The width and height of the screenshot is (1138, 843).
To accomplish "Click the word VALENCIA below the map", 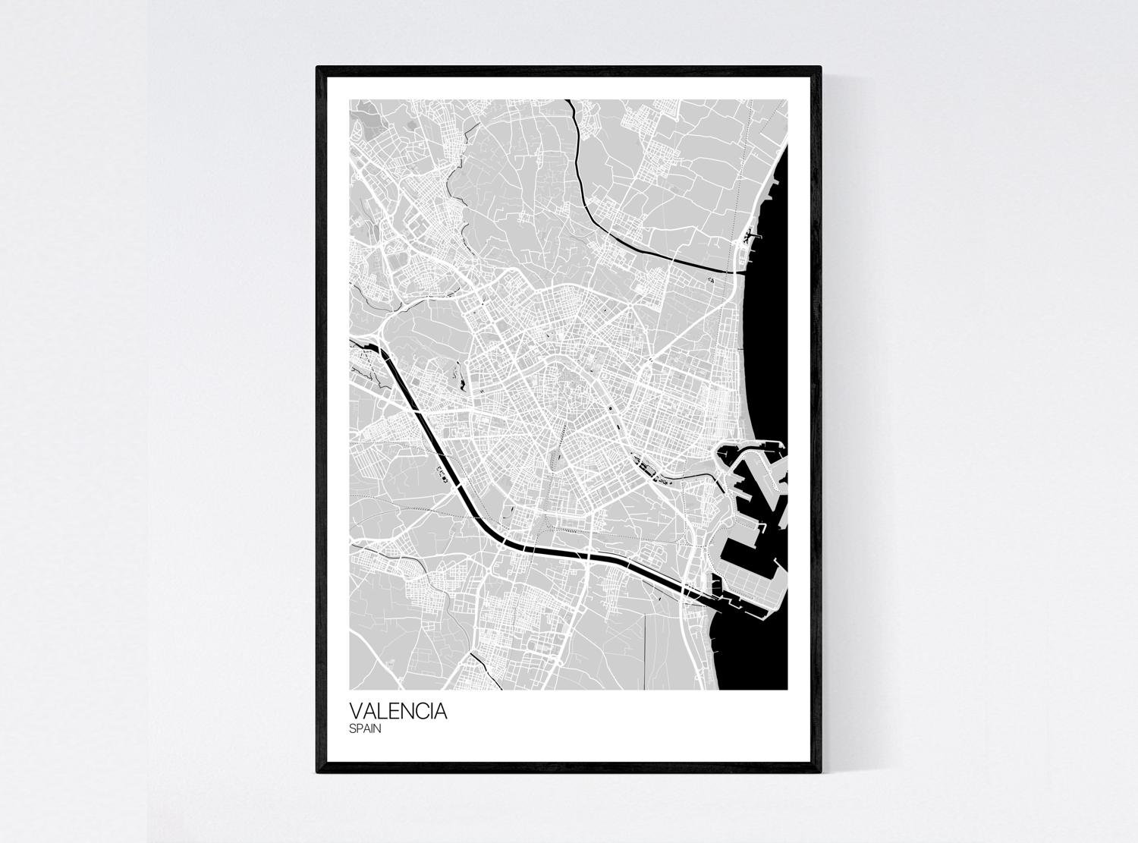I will [398, 712].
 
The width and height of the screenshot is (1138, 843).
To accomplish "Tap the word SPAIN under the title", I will [365, 729].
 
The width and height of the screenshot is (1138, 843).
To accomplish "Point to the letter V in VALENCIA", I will [356, 712].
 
